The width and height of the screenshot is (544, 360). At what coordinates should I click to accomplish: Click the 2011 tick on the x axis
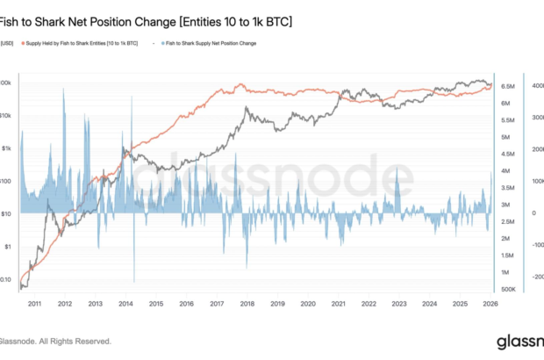click(x=33, y=304)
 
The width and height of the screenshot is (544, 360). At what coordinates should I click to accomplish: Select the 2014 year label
click(x=125, y=304)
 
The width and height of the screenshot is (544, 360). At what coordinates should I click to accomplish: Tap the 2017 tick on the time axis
click(x=216, y=304)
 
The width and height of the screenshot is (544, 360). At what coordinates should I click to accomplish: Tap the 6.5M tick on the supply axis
click(x=508, y=87)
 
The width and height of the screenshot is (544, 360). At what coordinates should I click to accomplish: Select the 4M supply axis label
click(x=506, y=170)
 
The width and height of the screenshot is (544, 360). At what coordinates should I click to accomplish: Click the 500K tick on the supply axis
click(x=507, y=289)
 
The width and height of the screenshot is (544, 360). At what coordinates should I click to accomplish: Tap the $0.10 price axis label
click(x=6, y=279)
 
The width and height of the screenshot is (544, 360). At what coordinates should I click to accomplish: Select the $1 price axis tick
click(x=8, y=247)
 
